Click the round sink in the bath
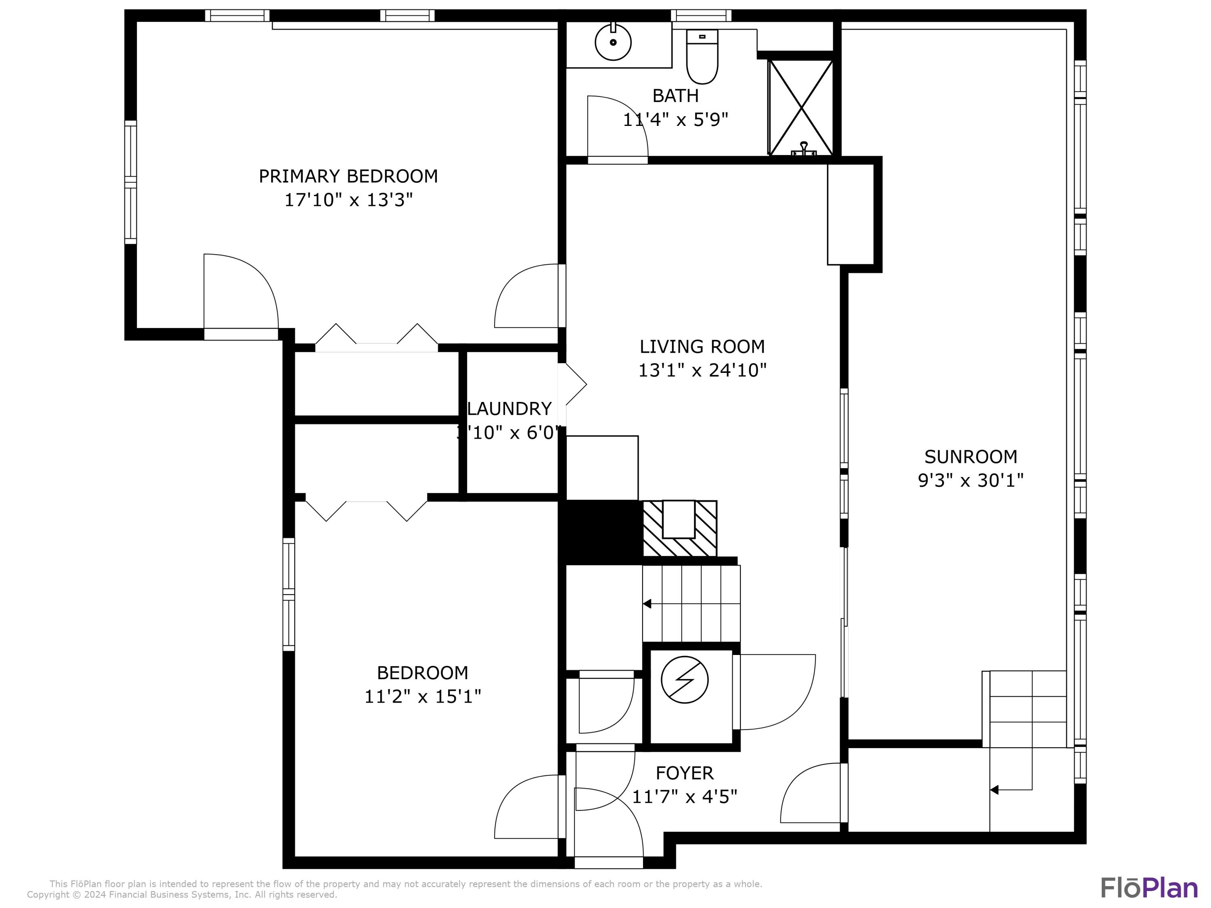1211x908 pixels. pyautogui.click(x=613, y=42)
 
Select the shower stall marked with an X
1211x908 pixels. pyautogui.click(x=801, y=108)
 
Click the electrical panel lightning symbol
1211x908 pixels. pyautogui.click(x=684, y=679)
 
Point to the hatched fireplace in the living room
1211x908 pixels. pyautogui.click(x=679, y=529)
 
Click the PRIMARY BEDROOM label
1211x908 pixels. pyautogui.click(x=348, y=176)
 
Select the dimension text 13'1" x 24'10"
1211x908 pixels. pyautogui.click(x=702, y=370)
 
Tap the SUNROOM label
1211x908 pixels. pyautogui.click(x=971, y=456)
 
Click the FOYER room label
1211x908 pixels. pyautogui.click(x=684, y=773)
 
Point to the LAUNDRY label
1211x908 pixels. pyautogui.click(x=509, y=409)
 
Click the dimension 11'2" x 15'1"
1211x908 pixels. pyautogui.click(x=423, y=697)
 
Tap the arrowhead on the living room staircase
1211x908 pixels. pyautogui.click(x=647, y=604)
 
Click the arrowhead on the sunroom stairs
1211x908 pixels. pyautogui.click(x=994, y=790)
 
